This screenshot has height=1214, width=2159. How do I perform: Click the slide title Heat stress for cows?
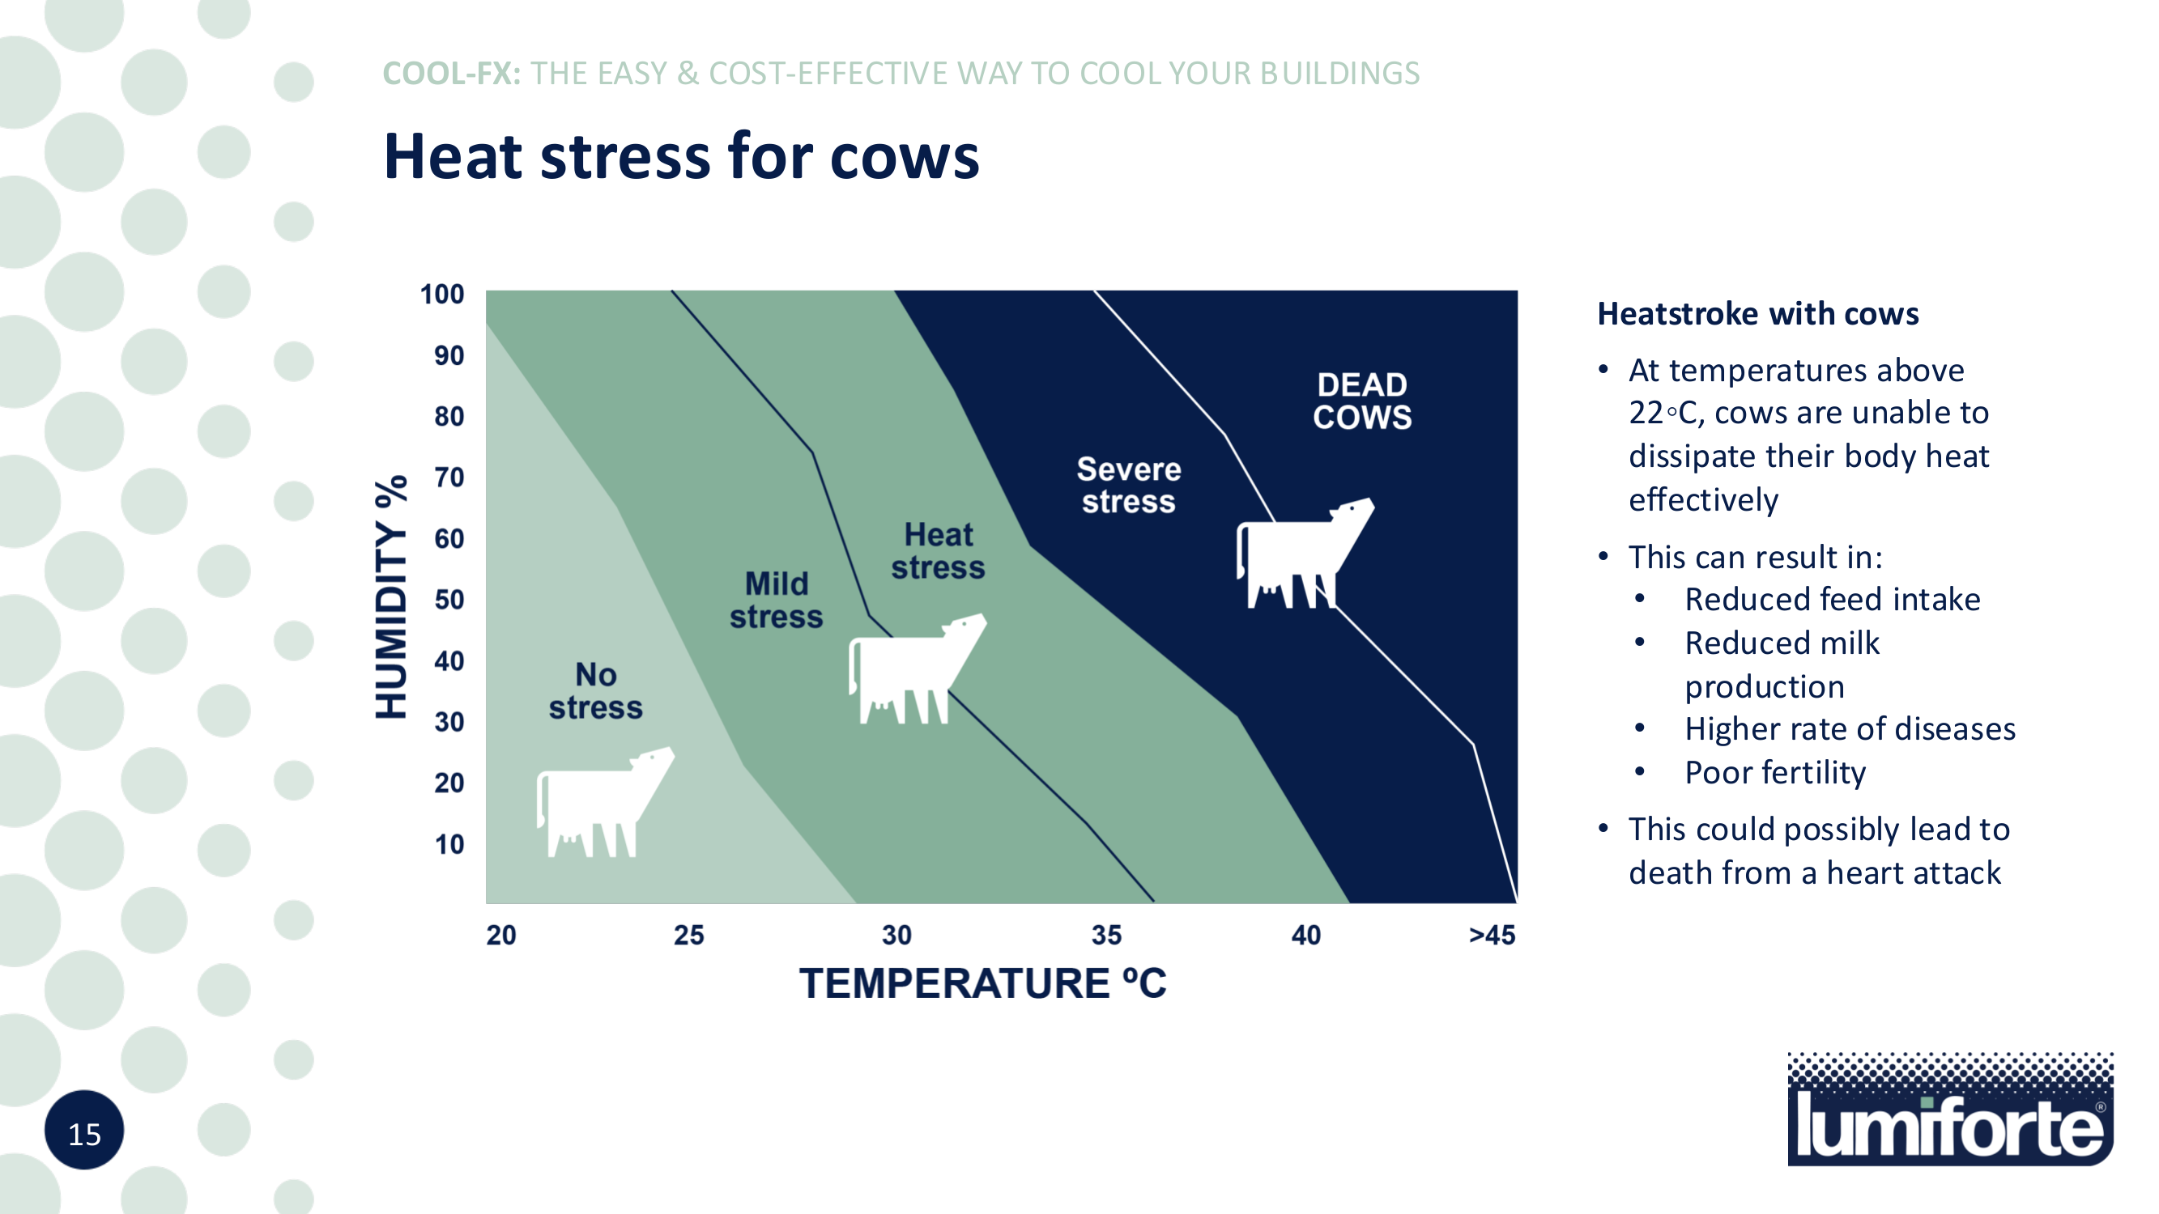point(680,157)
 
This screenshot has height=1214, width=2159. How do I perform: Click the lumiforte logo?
point(1949,1110)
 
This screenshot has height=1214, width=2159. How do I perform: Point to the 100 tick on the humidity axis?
point(441,295)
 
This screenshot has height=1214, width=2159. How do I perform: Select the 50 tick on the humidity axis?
point(449,600)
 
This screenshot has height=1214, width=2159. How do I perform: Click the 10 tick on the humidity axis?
point(449,844)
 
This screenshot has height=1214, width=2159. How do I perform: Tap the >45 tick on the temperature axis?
point(1492,935)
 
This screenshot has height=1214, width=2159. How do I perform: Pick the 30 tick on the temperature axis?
point(896,935)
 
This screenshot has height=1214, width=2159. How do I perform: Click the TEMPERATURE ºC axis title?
point(982,983)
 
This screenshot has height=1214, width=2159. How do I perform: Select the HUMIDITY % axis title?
point(391,596)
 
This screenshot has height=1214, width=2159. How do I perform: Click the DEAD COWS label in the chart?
point(1362,401)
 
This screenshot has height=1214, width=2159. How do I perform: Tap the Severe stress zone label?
point(1128,486)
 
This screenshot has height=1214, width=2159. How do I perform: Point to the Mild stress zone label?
point(776,601)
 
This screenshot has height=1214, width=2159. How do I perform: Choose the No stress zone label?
point(596,691)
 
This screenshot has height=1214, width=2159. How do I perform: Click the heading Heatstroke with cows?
point(1757,313)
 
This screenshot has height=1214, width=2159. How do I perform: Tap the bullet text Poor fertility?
point(1775,772)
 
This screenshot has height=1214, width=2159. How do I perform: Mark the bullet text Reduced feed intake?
point(1832,600)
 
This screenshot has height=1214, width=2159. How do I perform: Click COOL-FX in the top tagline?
point(451,74)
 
